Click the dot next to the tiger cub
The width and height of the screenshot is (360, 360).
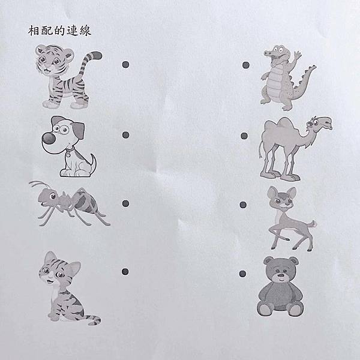coord(125,65)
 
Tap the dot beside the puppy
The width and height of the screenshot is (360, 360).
coord(125,135)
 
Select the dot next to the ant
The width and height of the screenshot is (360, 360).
coord(125,203)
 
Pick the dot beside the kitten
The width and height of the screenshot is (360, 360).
coord(125,272)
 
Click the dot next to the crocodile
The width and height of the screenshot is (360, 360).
coord(246,65)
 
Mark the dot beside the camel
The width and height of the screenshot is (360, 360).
coord(244,136)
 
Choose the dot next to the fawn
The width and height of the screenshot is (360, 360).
coord(243,205)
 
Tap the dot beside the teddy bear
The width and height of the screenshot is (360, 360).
coord(242,274)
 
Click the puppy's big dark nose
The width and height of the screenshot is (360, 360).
coord(49,139)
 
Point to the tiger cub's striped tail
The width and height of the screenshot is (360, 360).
coord(89,62)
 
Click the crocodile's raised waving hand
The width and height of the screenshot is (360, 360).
coord(298,55)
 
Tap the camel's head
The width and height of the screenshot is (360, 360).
coord(320,123)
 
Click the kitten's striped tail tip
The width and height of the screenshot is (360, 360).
coord(95,320)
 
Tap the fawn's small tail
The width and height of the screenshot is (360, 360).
coord(313,223)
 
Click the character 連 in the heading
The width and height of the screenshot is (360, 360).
coord(73,31)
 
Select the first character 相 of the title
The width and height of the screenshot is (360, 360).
coord(34,31)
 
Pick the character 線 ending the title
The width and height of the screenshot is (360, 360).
coord(85,31)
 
